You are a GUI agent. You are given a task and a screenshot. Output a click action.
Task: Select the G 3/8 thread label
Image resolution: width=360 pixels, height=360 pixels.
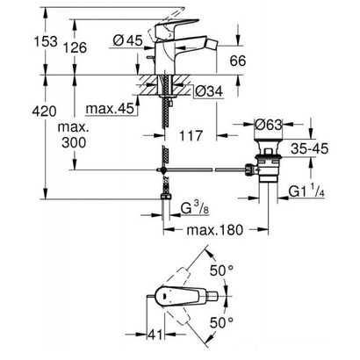coord(199,209)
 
